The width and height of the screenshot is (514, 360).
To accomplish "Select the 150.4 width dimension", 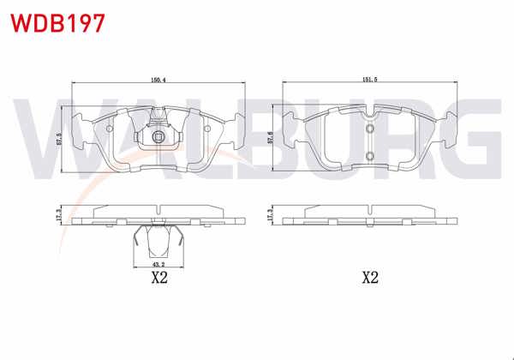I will tap(158, 80).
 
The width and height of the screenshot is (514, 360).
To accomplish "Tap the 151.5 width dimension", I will tap(369, 80).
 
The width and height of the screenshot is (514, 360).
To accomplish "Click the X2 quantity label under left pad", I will tap(158, 278).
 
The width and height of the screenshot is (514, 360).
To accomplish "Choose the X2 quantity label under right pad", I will tap(369, 278).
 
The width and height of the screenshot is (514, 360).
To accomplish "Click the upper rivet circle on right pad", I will tap(369, 129).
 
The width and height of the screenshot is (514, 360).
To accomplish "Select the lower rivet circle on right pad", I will tap(369, 155).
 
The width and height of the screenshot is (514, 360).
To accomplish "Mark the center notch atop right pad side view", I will tap(369, 208).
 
